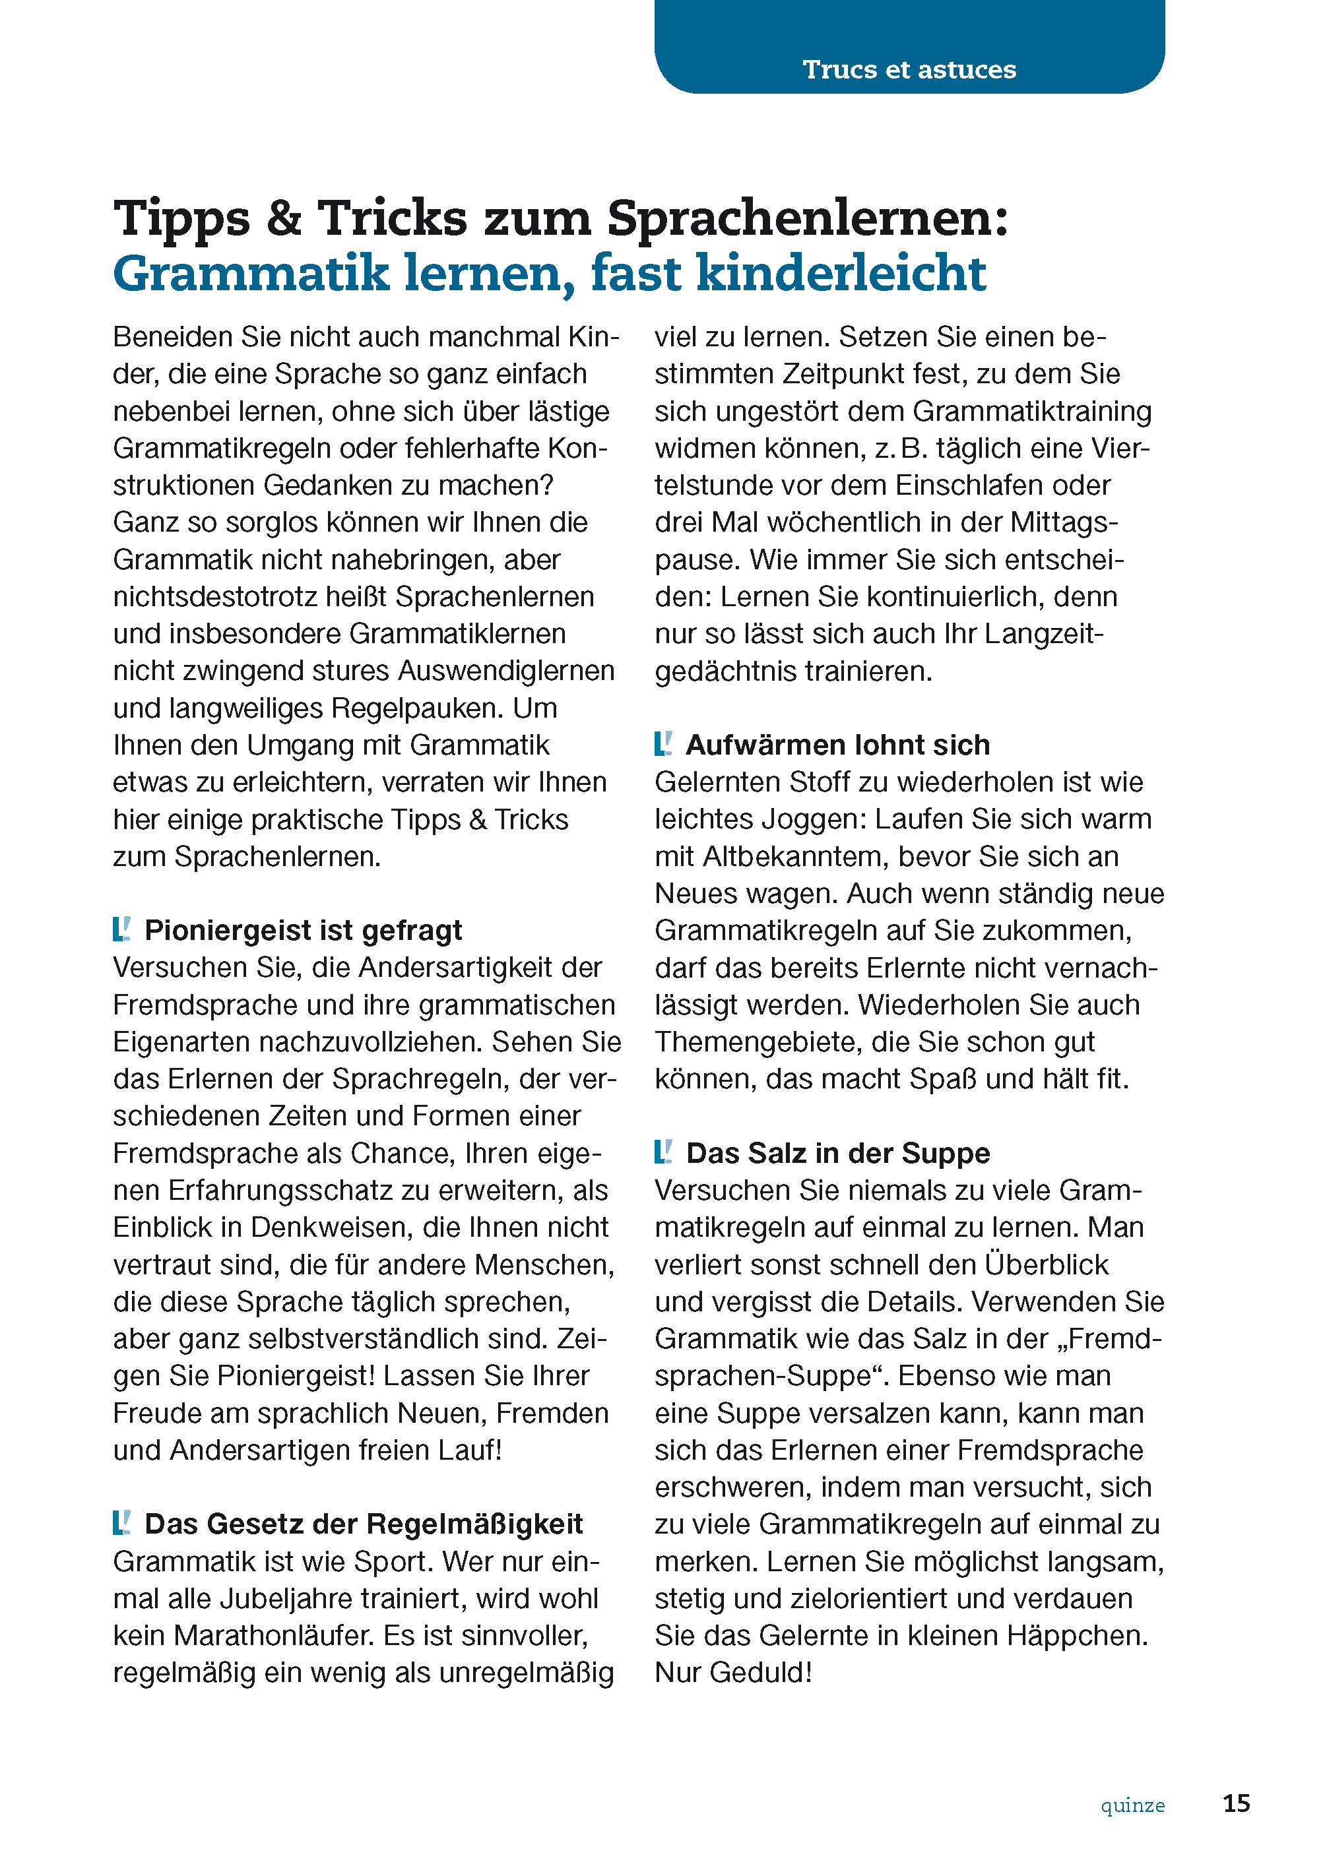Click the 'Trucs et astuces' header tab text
click(909, 69)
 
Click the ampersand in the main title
click(282, 218)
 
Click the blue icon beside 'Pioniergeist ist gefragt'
click(121, 929)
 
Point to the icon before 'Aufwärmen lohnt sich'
click(663, 744)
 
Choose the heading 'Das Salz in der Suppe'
click(838, 1153)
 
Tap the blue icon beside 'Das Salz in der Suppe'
click(663, 1152)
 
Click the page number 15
click(1236, 1803)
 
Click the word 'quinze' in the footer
click(1132, 1805)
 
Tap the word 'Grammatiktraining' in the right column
click(1031, 411)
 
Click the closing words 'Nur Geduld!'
click(732, 1673)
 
